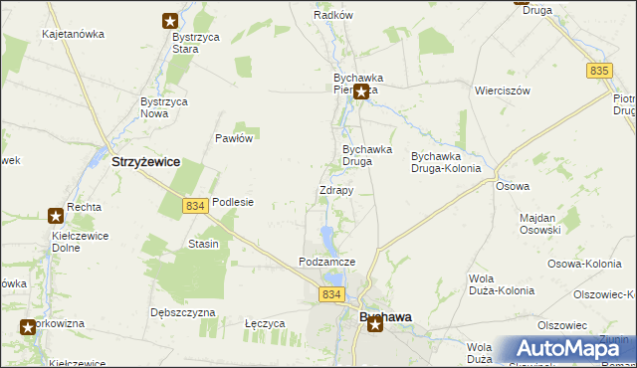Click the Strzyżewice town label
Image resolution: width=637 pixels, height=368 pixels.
pyautogui.click(x=145, y=160)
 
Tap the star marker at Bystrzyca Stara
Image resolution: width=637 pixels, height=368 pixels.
pyautogui.click(x=170, y=20)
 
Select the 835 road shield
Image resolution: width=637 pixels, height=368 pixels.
pyautogui.click(x=598, y=71)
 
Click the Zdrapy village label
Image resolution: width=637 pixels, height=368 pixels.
pyautogui.click(x=335, y=190)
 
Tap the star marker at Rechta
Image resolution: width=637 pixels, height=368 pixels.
pyautogui.click(x=55, y=215)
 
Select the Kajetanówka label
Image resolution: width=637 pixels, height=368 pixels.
pyautogui.click(x=73, y=34)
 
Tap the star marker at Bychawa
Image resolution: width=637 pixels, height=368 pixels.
pyautogui.click(x=374, y=324)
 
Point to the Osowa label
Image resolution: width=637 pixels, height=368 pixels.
pyautogui.click(x=512, y=186)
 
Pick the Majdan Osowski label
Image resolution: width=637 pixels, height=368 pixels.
pyautogui.click(x=541, y=223)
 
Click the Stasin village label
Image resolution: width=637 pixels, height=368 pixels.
pyautogui.click(x=203, y=244)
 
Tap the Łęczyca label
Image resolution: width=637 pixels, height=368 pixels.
pyautogui.click(x=265, y=323)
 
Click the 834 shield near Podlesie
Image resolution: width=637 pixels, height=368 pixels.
pyautogui.click(x=195, y=205)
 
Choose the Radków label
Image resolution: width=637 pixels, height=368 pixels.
pyautogui.click(x=333, y=15)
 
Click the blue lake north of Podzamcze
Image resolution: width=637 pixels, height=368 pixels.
pyautogui.click(x=326, y=236)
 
